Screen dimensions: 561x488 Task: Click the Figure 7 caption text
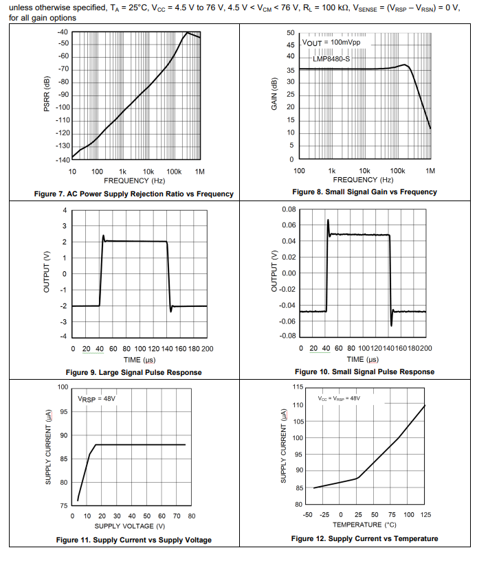pos(133,194)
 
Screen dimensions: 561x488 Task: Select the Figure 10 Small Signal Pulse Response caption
pos(364,371)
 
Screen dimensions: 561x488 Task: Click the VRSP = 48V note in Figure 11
pos(97,398)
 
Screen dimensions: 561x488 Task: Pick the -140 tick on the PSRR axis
pos(63,159)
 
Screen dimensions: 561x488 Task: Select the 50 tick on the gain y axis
pos(290,33)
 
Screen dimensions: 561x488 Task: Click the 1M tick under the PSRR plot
pos(200,171)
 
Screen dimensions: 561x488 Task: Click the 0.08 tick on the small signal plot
pos(289,209)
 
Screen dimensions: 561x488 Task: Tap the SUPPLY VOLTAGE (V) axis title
pos(133,526)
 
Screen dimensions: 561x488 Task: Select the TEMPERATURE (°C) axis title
pos(364,525)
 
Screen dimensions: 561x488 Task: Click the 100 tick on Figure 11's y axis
pos(63,387)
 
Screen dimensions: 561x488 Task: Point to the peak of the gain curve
pos(406,65)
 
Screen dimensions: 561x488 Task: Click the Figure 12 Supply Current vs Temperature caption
pos(364,538)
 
